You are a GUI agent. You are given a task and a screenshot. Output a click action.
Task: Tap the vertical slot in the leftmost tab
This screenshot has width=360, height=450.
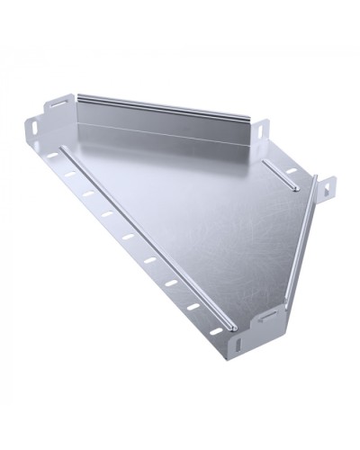point(33,128)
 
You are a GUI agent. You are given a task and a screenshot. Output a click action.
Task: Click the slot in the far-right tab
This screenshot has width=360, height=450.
point(327,187)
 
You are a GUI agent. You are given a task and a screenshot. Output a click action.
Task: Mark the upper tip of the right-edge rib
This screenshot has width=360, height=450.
point(315,191)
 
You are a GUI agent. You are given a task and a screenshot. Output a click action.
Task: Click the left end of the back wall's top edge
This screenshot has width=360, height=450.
point(79,94)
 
